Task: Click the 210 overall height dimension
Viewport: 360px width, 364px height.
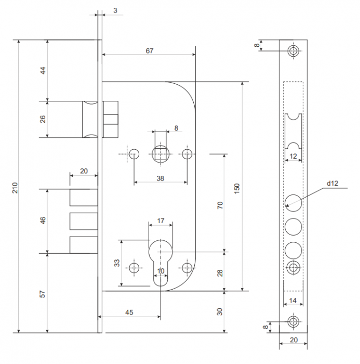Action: [15, 188]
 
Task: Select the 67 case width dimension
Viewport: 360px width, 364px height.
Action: [150, 50]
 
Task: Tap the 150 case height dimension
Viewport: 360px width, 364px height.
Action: [237, 188]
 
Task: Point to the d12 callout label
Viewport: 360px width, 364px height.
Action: [332, 183]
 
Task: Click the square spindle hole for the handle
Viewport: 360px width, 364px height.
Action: [161, 154]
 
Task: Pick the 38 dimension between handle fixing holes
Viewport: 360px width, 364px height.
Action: [161, 178]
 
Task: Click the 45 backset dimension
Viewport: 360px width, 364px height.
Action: [129, 312]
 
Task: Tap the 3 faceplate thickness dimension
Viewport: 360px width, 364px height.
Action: [115, 10]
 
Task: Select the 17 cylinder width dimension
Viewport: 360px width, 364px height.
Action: [161, 220]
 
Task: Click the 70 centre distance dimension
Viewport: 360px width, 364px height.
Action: [220, 205]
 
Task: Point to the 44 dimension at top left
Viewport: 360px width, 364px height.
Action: [43, 70]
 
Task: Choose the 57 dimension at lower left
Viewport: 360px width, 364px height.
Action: [43, 294]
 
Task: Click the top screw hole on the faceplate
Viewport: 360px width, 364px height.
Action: [294, 51]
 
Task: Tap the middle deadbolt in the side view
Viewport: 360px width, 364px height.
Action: [84, 221]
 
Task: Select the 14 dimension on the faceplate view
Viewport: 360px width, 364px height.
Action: [293, 301]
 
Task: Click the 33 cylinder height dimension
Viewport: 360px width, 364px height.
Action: [117, 263]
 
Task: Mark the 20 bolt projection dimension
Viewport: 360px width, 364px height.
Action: [84, 171]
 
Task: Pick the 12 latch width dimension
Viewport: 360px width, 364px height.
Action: [293, 156]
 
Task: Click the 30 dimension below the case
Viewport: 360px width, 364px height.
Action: [219, 312]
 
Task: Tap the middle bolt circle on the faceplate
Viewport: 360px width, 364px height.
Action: [294, 227]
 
